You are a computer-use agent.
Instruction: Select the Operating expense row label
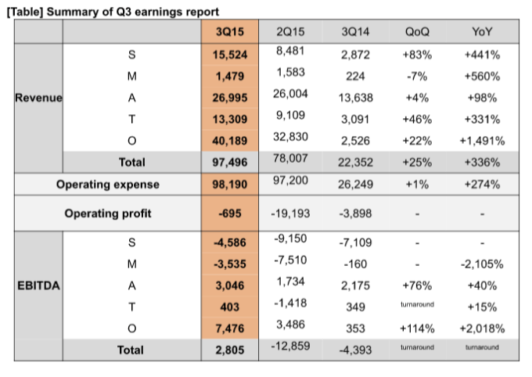pyautogui.click(x=107, y=185)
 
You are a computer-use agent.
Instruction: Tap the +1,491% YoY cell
pyautogui.click(x=483, y=142)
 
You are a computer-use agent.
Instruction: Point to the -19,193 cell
pyautogui.click(x=291, y=214)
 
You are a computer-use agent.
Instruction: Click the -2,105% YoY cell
pyautogui.click(x=483, y=264)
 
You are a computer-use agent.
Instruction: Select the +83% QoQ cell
pyautogui.click(x=417, y=56)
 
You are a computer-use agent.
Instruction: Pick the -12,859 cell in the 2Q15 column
pyautogui.click(x=291, y=346)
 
